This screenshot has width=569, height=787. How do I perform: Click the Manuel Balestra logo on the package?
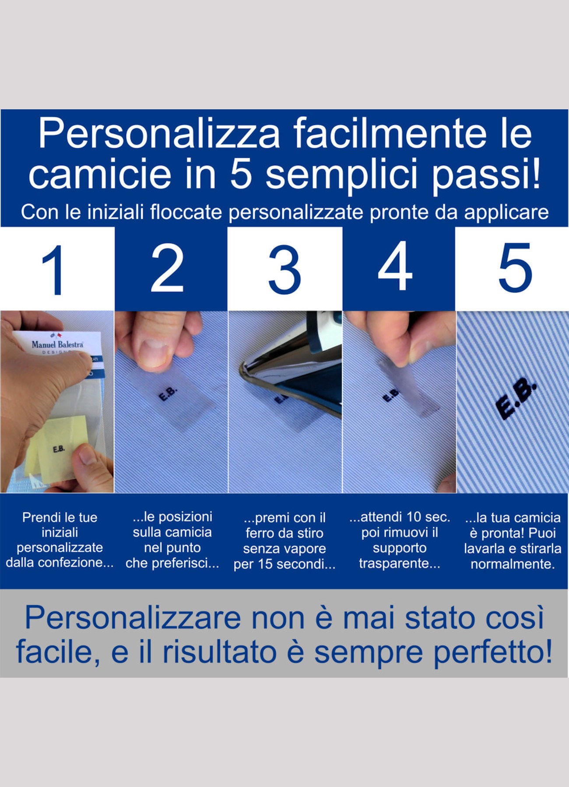point(57,344)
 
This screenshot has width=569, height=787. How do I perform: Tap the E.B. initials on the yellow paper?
point(59,449)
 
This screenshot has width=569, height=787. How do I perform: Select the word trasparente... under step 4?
point(399,563)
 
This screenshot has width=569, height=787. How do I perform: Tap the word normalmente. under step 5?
point(513,564)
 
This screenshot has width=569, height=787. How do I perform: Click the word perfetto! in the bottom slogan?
point(492,653)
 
